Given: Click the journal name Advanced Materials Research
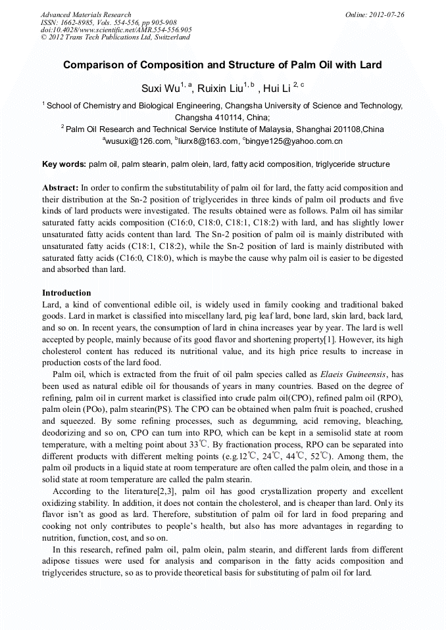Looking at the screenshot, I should [x=86, y=14].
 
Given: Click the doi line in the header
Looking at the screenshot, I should [x=116, y=30].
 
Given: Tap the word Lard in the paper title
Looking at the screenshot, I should [x=370, y=66].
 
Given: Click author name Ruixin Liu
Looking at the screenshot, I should [x=221, y=88].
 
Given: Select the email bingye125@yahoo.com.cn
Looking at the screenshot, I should [x=294, y=141].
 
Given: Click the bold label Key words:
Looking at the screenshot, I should [x=64, y=164].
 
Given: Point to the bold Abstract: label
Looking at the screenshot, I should [x=61, y=188].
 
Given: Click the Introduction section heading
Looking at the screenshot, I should [x=66, y=292].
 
